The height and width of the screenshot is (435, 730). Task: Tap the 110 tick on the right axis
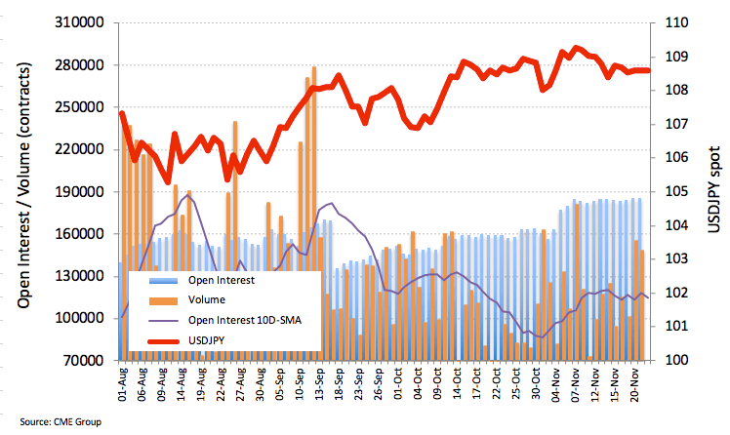[x=680, y=23]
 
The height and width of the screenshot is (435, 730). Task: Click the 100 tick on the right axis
[x=680, y=360]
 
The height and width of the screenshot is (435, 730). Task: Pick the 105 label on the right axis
[x=680, y=192]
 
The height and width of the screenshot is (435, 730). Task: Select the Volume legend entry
[x=206, y=299]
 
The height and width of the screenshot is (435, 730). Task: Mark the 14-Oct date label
[x=458, y=383]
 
